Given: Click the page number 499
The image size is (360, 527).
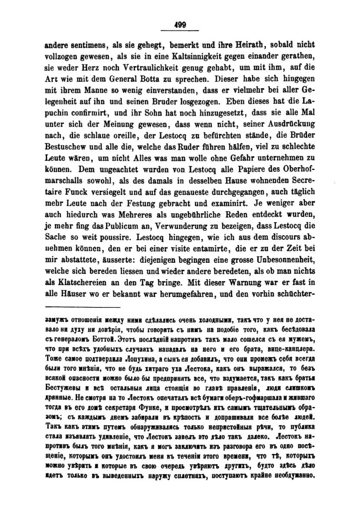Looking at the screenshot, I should tap(179, 25).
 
